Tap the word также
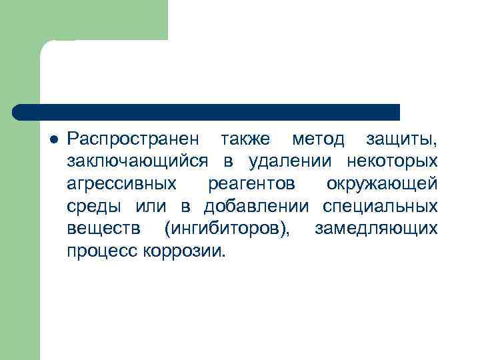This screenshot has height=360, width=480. click(246, 140)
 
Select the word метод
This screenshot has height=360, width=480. click(318, 140)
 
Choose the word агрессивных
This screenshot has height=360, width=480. click(121, 184)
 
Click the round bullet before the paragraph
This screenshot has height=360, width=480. click(54, 140)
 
